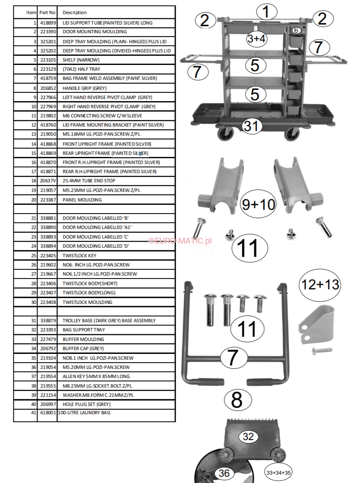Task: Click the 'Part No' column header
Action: (47, 12)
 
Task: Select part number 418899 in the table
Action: (48, 23)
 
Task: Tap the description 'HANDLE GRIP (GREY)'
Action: (84, 88)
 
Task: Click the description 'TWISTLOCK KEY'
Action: (79, 256)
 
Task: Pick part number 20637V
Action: (48, 181)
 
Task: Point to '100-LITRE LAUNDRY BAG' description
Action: (84, 413)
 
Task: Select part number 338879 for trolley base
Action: (48, 321)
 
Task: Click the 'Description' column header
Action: (74, 12)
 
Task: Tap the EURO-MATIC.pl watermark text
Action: (180, 241)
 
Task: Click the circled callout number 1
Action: (267, 12)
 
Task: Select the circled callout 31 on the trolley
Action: (252, 126)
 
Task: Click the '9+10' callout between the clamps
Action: (258, 204)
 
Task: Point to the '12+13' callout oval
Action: (320, 285)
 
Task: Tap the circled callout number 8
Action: (237, 400)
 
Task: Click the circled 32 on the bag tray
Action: (248, 436)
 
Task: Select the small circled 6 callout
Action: (296, 30)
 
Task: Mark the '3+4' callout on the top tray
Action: (256, 39)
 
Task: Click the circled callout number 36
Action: (224, 473)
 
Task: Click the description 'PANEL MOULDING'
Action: (82, 200)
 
